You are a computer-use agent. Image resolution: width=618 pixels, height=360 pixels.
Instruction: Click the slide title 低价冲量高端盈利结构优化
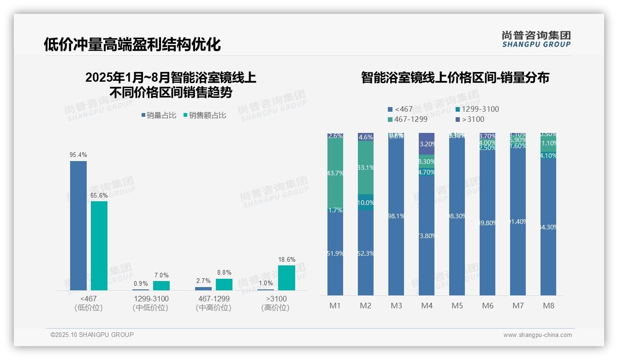pyautogui.click(x=132, y=44)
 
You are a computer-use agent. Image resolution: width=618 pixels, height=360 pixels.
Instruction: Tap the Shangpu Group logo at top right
pyautogui.click(x=536, y=39)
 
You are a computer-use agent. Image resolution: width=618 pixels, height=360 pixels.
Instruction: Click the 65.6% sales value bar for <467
pyautogui.click(x=99, y=246)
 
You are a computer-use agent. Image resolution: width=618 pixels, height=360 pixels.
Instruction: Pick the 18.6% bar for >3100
pyautogui.click(x=286, y=277)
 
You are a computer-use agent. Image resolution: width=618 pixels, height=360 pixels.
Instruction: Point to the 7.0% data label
pyautogui.click(x=161, y=276)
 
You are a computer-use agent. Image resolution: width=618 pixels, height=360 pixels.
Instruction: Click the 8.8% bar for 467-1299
pyautogui.click(x=224, y=284)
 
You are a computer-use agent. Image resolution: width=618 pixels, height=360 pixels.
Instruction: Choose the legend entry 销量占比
pyautogui.click(x=159, y=115)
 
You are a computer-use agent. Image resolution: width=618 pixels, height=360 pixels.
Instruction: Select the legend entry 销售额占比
pyautogui.click(x=205, y=115)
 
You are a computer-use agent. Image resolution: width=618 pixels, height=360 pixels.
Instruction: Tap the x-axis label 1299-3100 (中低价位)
pyautogui.click(x=150, y=303)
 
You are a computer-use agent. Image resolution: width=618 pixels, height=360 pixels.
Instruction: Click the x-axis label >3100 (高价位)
pyautogui.click(x=275, y=303)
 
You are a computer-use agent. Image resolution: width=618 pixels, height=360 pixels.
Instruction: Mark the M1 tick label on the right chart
pyautogui.click(x=335, y=306)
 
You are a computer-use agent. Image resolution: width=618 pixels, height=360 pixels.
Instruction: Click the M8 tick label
pyautogui.click(x=548, y=306)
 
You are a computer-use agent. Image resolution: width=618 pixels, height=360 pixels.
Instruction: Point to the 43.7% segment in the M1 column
pyautogui.click(x=335, y=173)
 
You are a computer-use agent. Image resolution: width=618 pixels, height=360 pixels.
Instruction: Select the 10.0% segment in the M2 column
pyautogui.click(x=366, y=203)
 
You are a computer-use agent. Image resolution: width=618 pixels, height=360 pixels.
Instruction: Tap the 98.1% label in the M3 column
pyautogui.click(x=396, y=216)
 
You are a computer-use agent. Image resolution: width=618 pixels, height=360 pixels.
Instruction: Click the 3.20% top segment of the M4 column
pyautogui.click(x=427, y=144)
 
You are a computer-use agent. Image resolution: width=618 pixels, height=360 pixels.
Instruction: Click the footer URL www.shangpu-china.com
pyautogui.click(x=537, y=335)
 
